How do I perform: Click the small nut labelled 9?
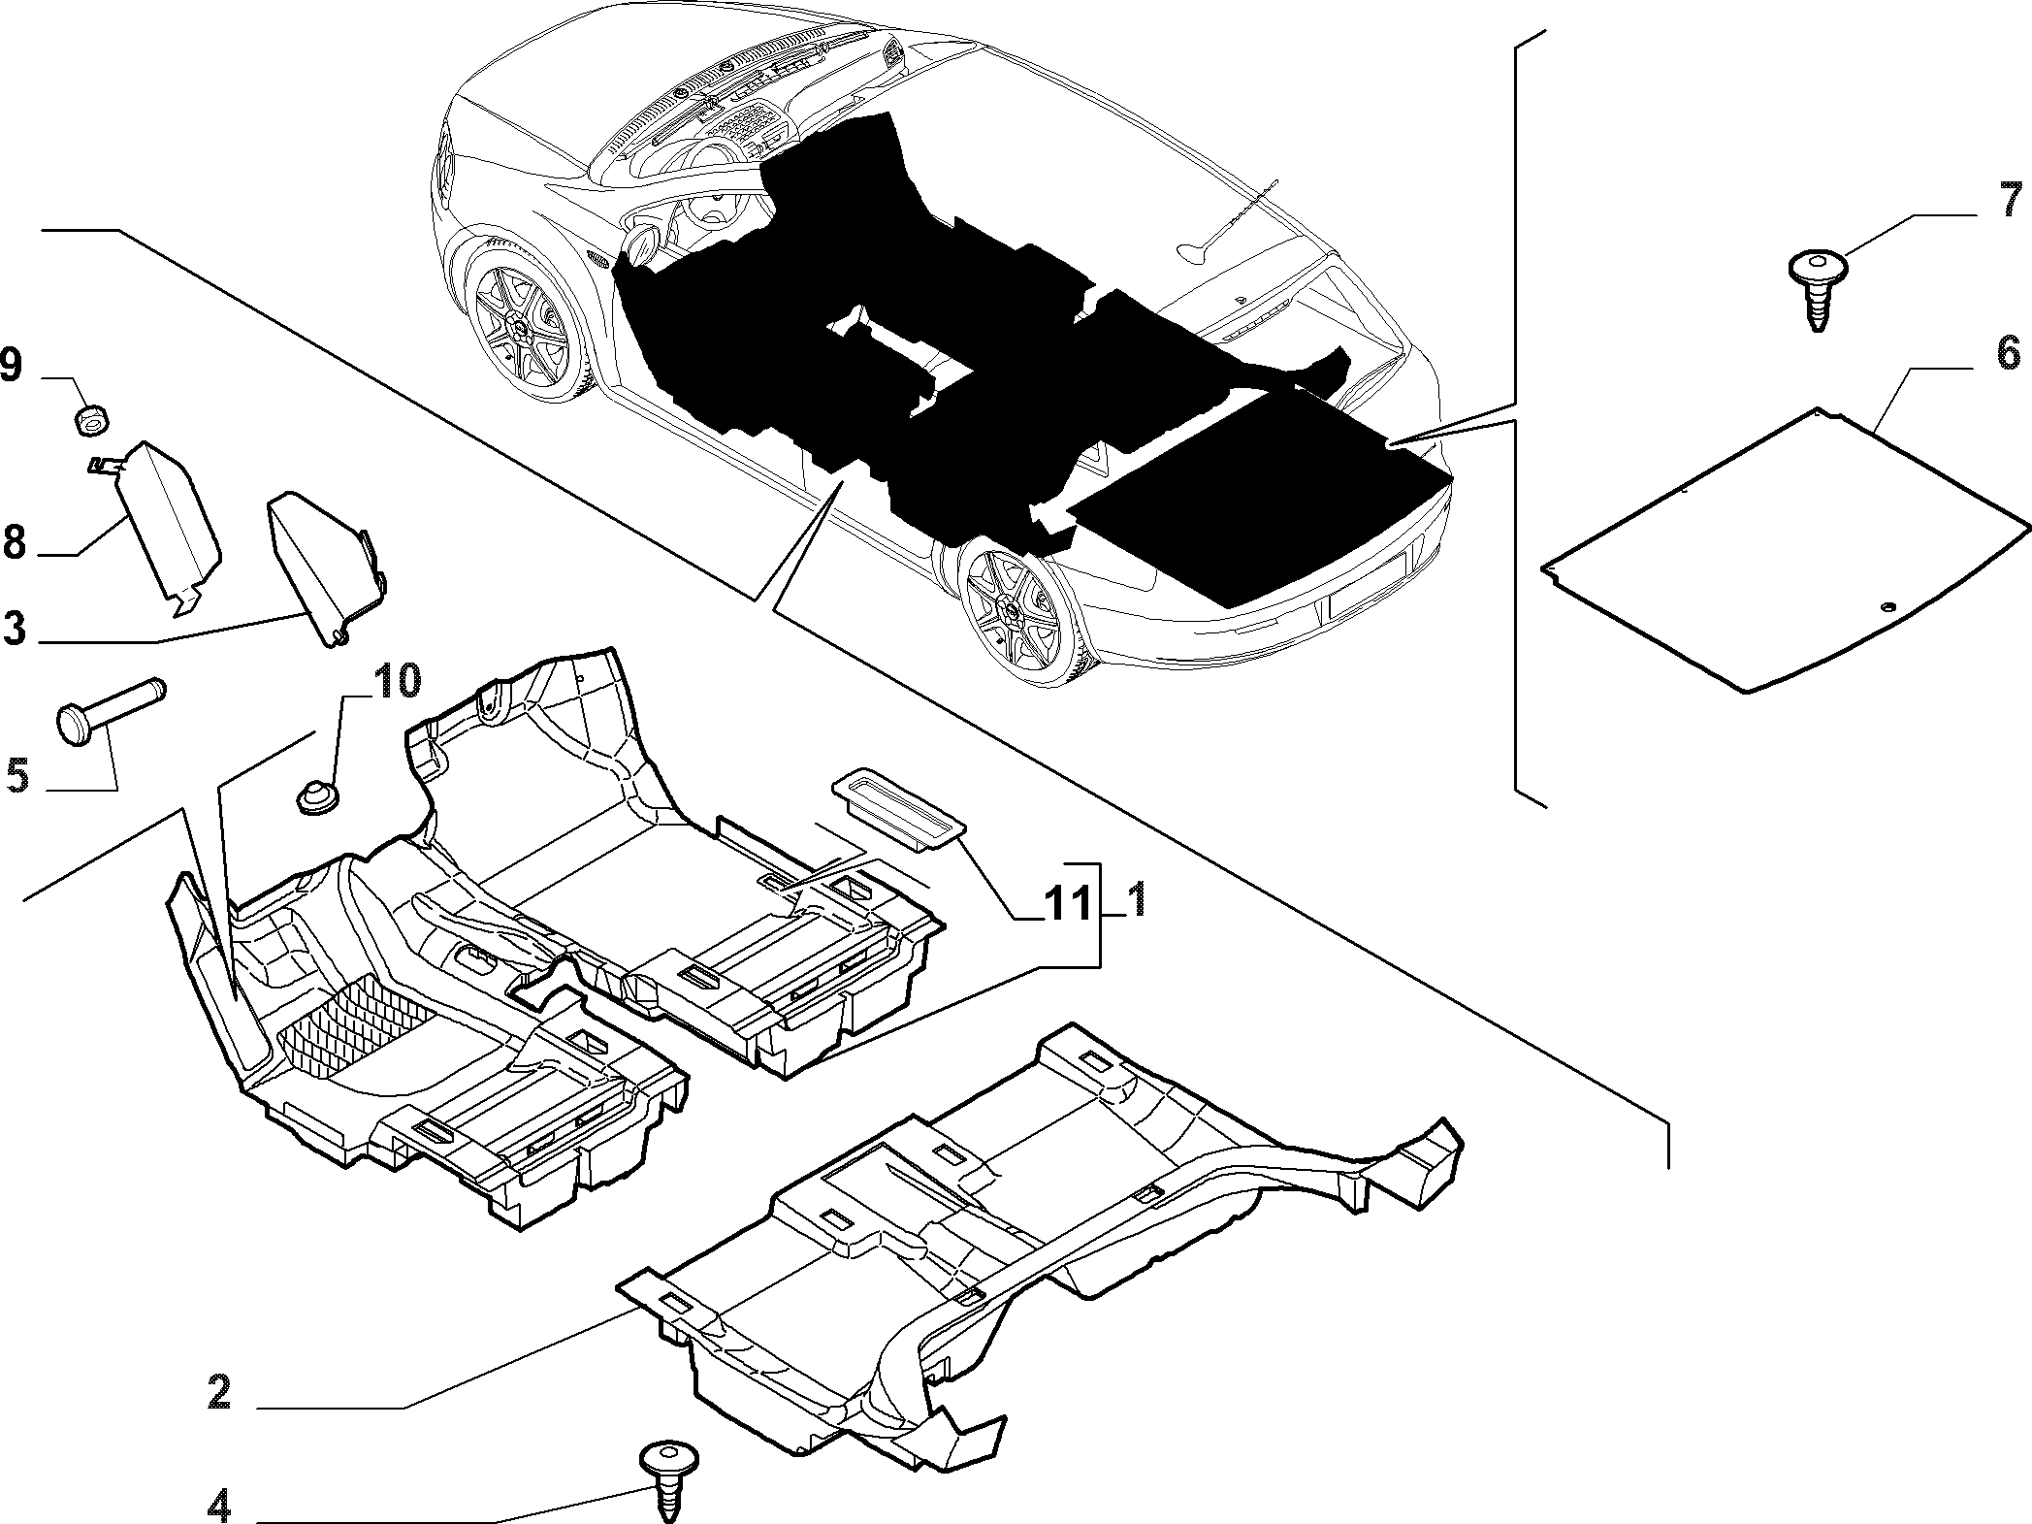point(92,420)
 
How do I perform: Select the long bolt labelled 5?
point(112,713)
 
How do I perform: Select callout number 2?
point(218,1393)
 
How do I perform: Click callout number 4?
point(218,1508)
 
